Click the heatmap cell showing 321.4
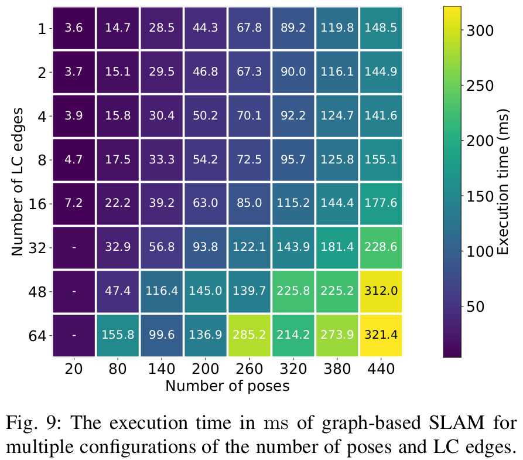(381, 335)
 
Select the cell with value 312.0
(381, 291)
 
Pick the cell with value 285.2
(249, 335)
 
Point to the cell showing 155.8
(118, 335)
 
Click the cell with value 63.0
(206, 204)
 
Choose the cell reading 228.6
(381, 247)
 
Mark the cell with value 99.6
(162, 335)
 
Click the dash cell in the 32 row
(74, 247)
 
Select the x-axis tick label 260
(249, 370)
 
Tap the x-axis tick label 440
(381, 370)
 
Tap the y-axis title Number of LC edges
(17, 181)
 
